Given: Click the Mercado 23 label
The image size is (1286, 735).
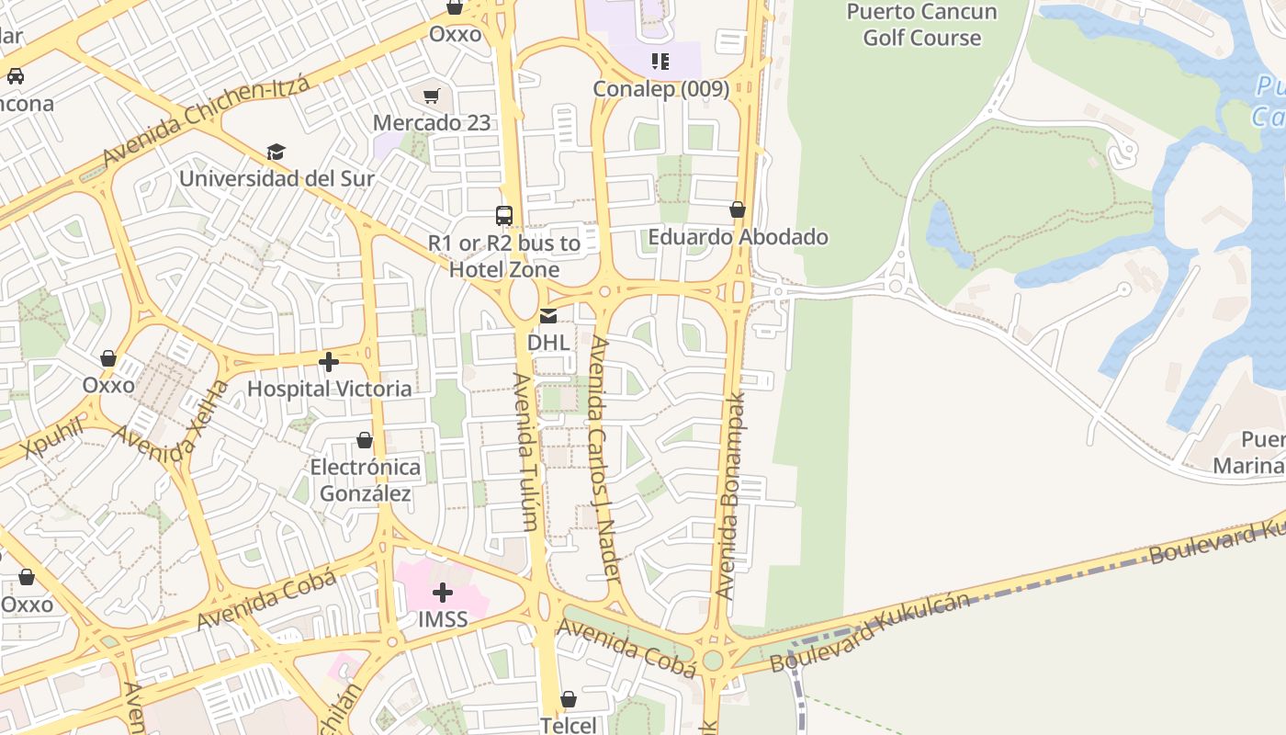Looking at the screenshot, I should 431,122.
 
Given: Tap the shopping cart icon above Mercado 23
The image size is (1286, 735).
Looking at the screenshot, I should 431,96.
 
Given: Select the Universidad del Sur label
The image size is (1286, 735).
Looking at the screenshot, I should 276,177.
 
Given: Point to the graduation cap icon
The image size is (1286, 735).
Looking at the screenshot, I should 276,152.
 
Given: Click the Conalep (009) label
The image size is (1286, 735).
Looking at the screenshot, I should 660,89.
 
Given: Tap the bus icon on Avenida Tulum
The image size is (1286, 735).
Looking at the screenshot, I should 503,216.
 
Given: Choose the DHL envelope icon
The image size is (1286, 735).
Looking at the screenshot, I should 547,316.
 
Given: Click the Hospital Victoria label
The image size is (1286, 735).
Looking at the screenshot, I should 329,389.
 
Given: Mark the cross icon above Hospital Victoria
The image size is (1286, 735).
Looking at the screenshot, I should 328,362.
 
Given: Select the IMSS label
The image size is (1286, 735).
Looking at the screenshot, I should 443,619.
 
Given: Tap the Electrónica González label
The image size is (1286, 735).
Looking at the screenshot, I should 365,480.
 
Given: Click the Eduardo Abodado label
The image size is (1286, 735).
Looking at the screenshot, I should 738,236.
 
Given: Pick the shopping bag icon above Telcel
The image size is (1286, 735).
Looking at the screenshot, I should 569,699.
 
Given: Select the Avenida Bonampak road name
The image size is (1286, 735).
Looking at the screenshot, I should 731,496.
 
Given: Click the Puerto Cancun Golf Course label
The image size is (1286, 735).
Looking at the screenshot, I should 921,25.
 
